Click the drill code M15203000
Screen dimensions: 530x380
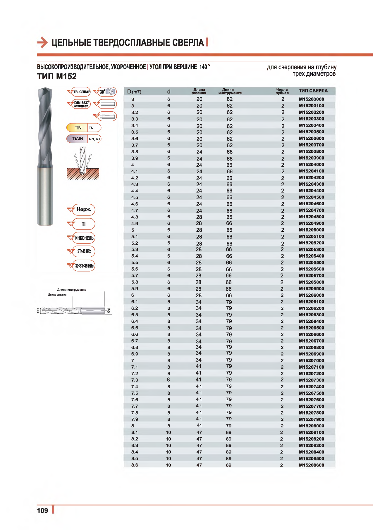pyautogui.click(x=311, y=99)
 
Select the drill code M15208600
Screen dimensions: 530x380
pyautogui.click(x=311, y=465)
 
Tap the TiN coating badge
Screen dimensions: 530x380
pyautogui.click(x=78, y=128)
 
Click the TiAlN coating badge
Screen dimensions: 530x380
pyautogui.click(x=78, y=139)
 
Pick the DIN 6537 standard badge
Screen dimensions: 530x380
pyautogui.click(x=81, y=104)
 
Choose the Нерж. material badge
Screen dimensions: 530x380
pyautogui.click(x=84, y=209)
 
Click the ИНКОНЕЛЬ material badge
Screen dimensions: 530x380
pyautogui.click(x=84, y=238)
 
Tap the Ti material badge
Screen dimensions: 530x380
pyautogui.click(x=84, y=224)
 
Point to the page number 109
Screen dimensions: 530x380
pyautogui.click(x=42, y=510)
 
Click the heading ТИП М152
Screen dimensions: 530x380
pyautogui.click(x=57, y=77)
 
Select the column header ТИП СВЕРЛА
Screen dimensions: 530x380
pyautogui.click(x=313, y=91)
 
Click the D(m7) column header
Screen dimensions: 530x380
pyautogui.click(x=134, y=92)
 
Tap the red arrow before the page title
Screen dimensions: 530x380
pyautogui.click(x=42, y=43)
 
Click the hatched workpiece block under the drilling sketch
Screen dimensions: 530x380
pyautogui.click(x=83, y=175)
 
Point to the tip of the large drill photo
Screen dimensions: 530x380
pyautogui.click(x=45, y=89)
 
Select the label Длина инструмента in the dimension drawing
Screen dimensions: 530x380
pyautogui.click(x=71, y=290)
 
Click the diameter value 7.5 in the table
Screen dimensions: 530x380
pyautogui.click(x=135, y=393)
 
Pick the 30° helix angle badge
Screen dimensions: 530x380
pyautogui.click(x=107, y=92)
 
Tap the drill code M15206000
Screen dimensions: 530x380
pyautogui.click(x=311, y=295)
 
